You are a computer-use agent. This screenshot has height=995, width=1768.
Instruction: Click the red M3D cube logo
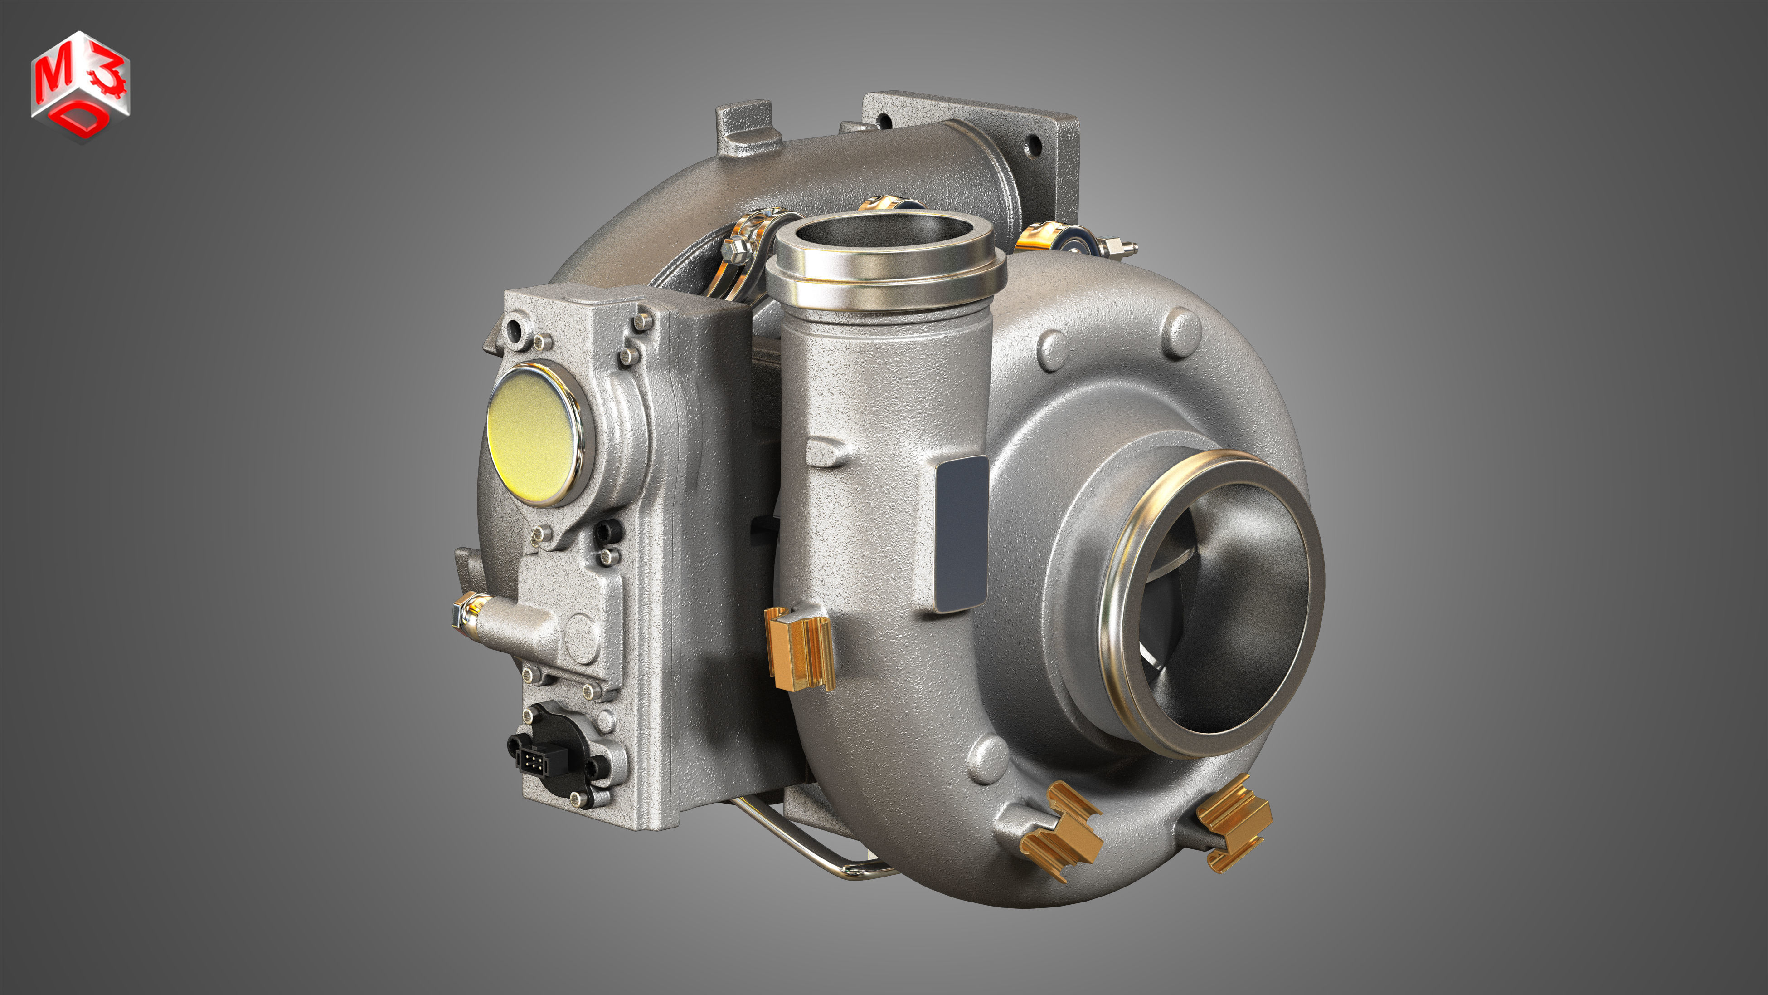coord(80,86)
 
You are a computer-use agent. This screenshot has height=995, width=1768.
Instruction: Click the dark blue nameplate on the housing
coord(961,534)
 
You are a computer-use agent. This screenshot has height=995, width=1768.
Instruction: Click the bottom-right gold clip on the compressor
coord(1234,823)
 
